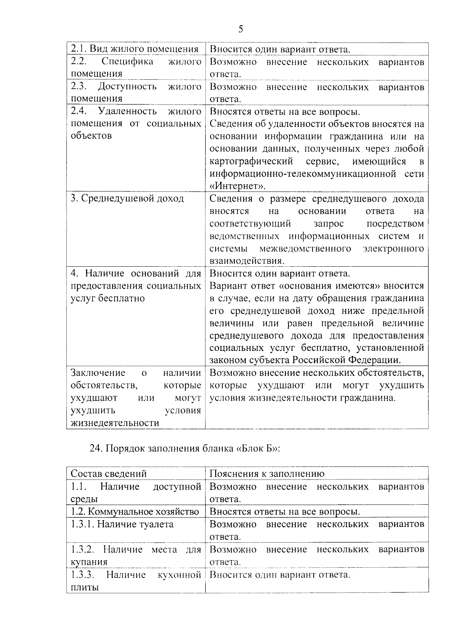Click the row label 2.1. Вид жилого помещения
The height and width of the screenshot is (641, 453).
[x=135, y=49]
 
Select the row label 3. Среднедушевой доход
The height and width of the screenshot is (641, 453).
[x=127, y=199]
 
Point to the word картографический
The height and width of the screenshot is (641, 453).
[x=251, y=162]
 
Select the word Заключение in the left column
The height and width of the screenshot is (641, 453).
[x=98, y=373]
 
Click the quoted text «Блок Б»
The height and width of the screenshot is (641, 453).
[x=257, y=449]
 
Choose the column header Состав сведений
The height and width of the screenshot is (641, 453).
[x=109, y=474]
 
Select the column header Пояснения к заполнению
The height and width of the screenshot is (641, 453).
[x=267, y=474]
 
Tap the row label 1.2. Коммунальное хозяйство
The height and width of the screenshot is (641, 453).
[x=135, y=512]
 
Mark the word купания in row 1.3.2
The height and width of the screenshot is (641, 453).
[x=89, y=562]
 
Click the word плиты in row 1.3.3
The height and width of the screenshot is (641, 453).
[x=85, y=587]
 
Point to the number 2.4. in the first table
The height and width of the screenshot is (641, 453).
[x=79, y=111]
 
